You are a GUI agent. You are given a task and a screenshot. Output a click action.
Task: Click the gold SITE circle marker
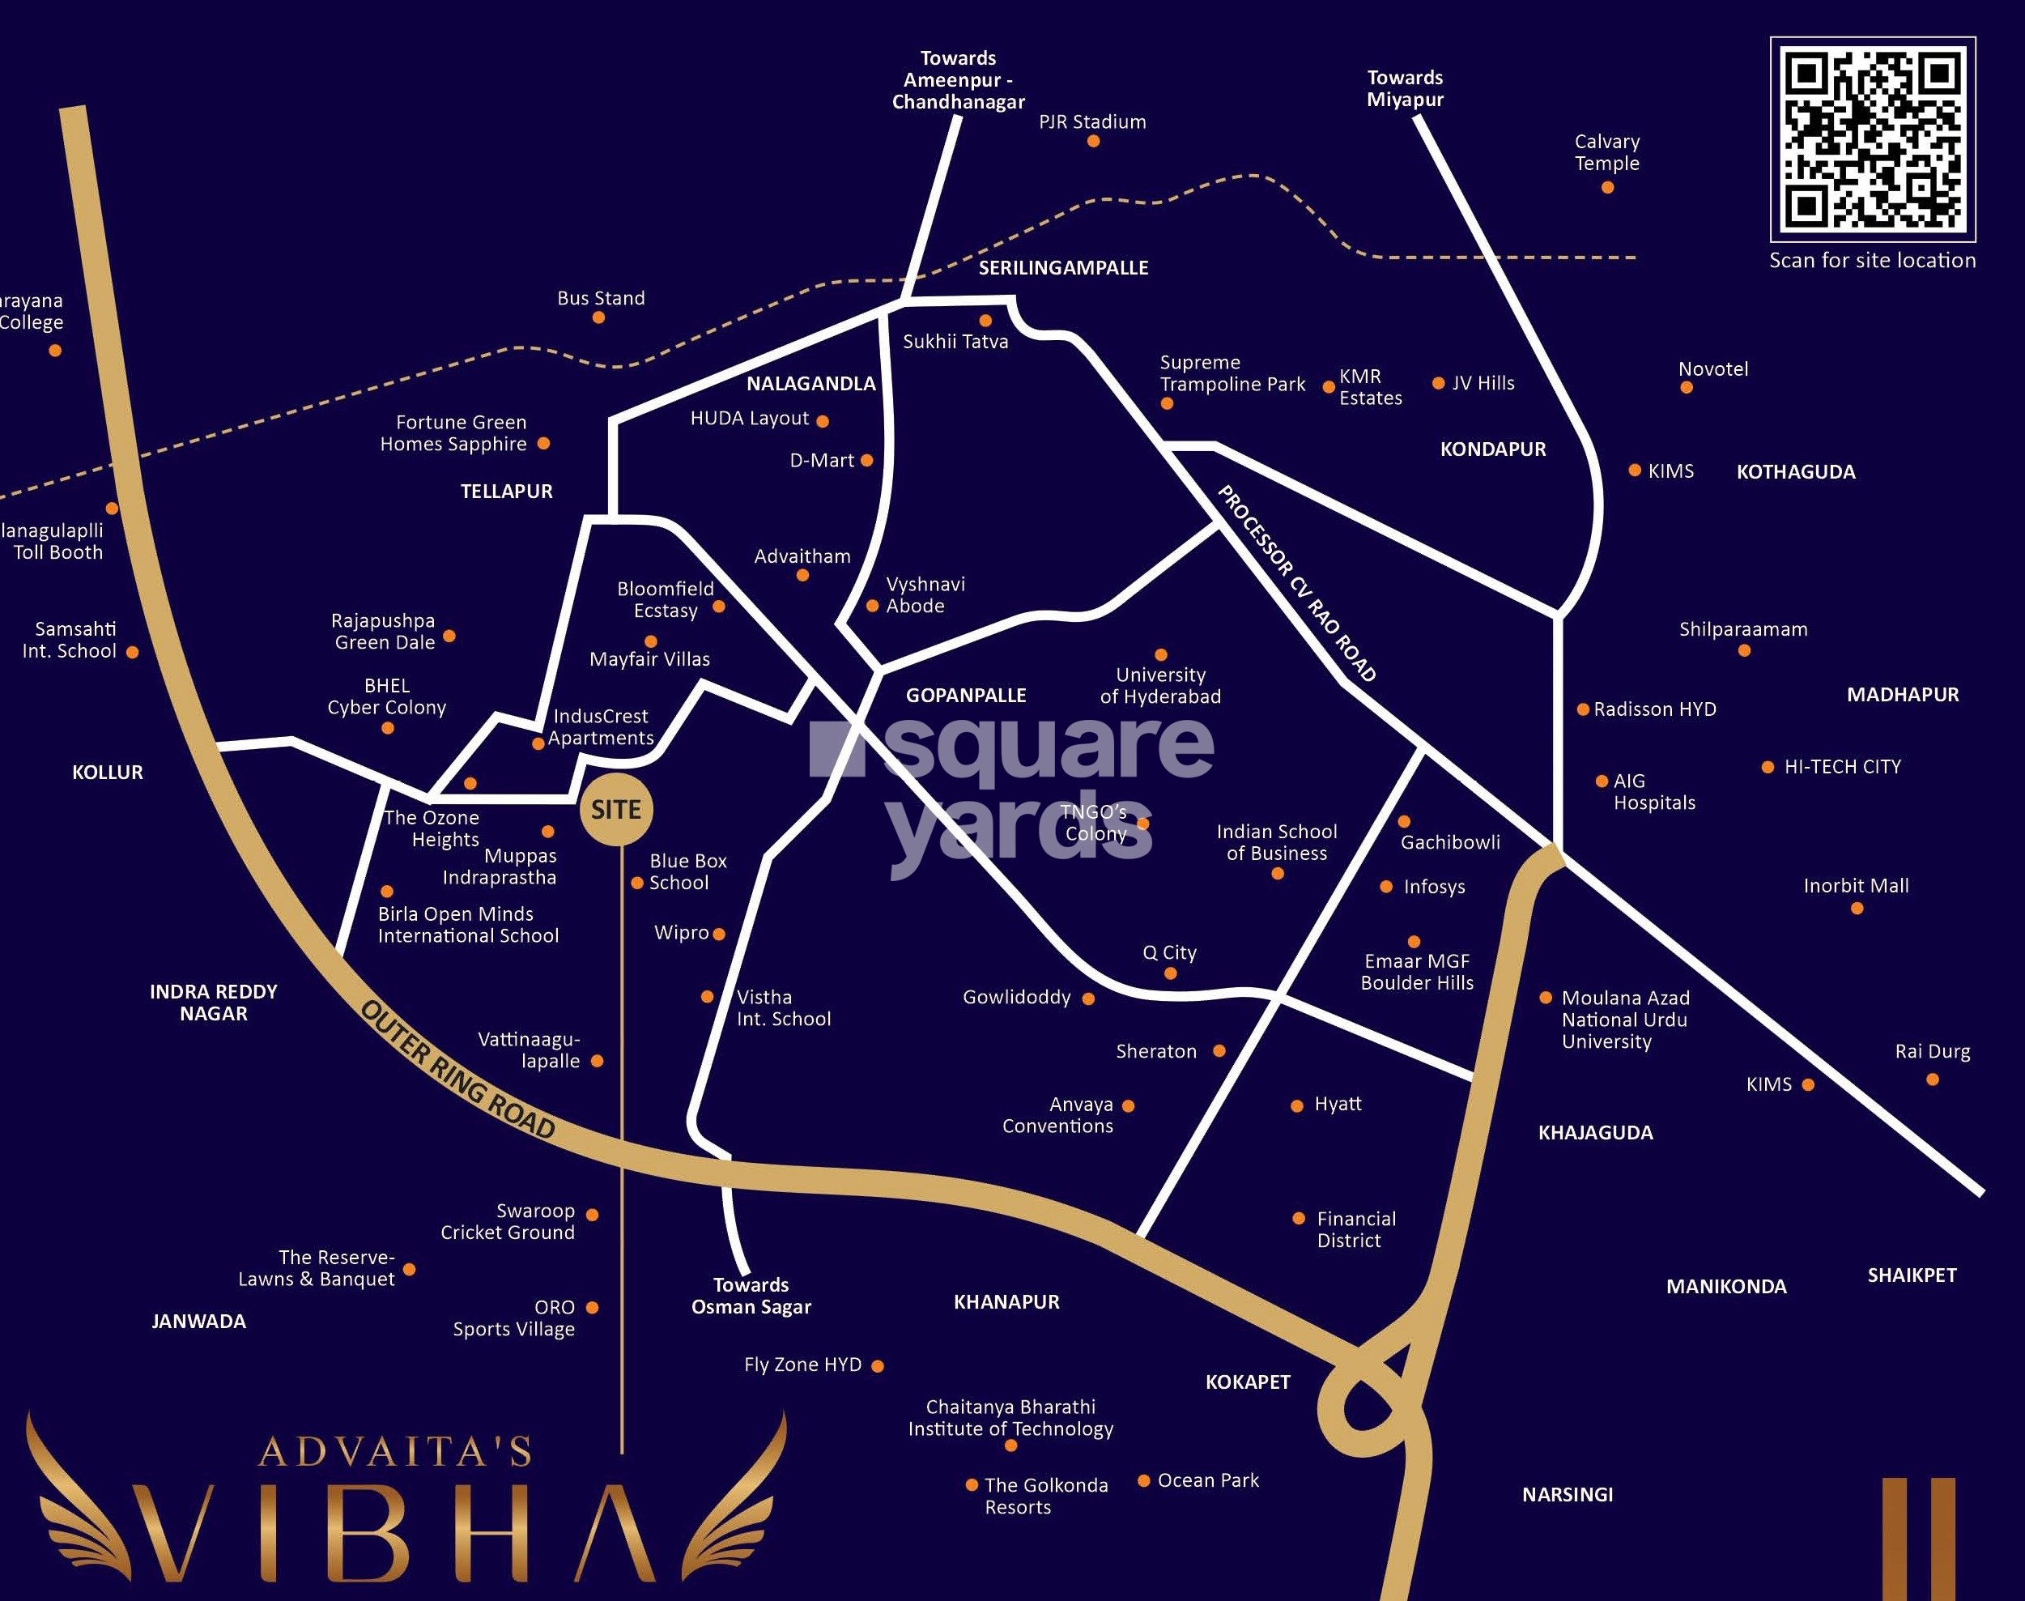pyautogui.click(x=615, y=810)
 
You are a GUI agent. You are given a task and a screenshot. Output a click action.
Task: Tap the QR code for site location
pyautogui.click(x=1872, y=138)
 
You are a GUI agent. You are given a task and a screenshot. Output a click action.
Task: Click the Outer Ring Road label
pyautogui.click(x=458, y=1070)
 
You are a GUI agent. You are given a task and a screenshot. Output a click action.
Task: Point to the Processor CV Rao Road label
pyautogui.click(x=1296, y=583)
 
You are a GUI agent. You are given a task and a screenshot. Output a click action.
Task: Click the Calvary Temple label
pyautogui.click(x=1606, y=152)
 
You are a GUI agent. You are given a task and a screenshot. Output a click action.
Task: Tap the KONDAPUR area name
pyautogui.click(x=1493, y=449)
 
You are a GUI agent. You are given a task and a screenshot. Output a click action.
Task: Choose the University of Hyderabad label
pyautogui.click(x=1160, y=685)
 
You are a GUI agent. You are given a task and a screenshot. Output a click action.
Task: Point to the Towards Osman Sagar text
pyautogui.click(x=751, y=1296)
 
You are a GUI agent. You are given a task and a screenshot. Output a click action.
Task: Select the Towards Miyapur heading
pyautogui.click(x=1405, y=88)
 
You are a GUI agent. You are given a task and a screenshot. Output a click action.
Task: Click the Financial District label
pyautogui.click(x=1355, y=1228)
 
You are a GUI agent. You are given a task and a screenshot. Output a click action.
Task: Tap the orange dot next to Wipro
pyautogui.click(x=719, y=934)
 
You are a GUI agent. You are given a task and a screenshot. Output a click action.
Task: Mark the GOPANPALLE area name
pyautogui.click(x=965, y=696)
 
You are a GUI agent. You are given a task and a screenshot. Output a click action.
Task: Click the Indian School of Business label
pyautogui.click(x=1276, y=841)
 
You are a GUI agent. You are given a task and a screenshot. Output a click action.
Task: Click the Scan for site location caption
pyautogui.click(x=1871, y=261)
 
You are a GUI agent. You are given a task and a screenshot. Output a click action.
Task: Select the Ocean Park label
pyautogui.click(x=1208, y=1480)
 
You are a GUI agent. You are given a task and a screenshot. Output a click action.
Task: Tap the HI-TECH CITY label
pyautogui.click(x=1841, y=767)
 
